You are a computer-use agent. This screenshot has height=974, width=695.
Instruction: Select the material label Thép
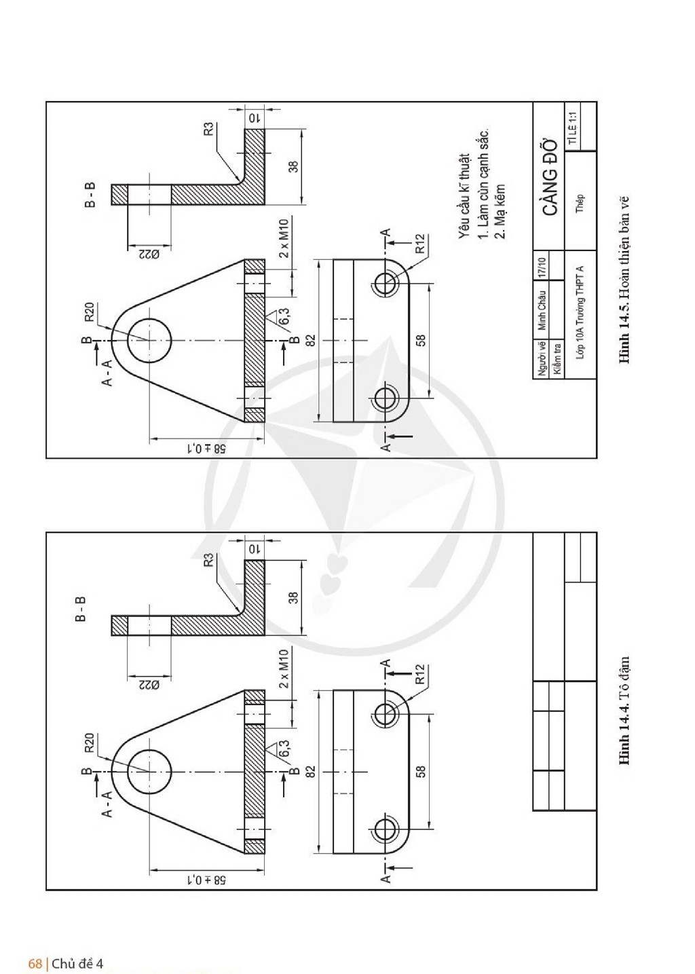[580, 203]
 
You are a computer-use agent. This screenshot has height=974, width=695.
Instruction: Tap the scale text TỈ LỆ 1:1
[573, 128]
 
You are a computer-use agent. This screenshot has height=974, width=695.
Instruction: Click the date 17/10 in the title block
[542, 265]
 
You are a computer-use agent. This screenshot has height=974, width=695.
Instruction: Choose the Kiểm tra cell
[557, 358]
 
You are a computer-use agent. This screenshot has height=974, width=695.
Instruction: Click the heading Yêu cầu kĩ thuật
[465, 195]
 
